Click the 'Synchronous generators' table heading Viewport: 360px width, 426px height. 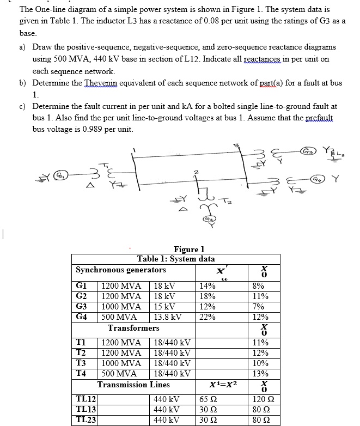tap(121, 270)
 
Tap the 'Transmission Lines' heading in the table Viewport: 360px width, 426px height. tap(133, 385)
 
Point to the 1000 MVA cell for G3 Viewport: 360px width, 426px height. tap(121, 307)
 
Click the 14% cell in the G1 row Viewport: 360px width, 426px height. tap(208, 286)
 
